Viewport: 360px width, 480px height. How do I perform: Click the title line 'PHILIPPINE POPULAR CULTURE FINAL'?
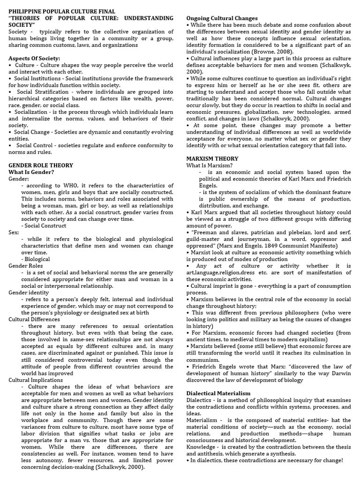(62, 11)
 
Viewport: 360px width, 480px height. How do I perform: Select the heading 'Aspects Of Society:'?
(34, 58)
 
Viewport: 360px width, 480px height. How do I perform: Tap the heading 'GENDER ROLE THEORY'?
(41, 165)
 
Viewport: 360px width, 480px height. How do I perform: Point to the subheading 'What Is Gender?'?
(31, 172)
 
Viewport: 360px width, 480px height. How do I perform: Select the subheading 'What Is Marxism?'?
(210, 165)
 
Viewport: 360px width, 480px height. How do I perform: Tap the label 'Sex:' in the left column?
(14, 232)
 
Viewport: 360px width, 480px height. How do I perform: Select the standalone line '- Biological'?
(36, 259)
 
